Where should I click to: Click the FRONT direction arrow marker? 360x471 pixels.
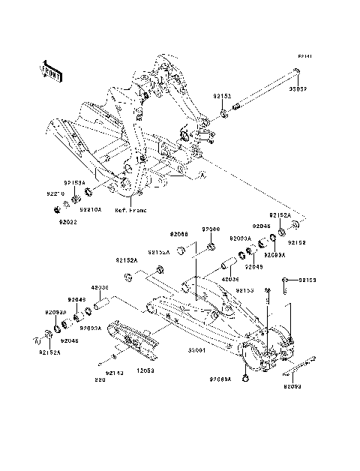52,71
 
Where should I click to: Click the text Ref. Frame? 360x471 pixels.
130,211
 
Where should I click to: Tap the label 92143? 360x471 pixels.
114,372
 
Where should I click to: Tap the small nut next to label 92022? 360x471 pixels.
65,206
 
